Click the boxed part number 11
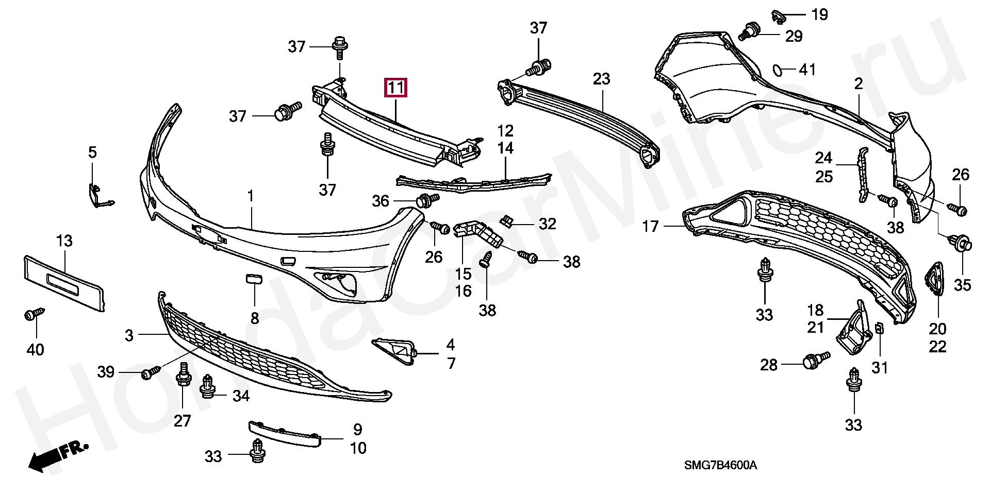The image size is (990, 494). (x=395, y=88)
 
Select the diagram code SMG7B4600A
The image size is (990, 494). (x=720, y=465)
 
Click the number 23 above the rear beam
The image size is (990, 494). (x=601, y=79)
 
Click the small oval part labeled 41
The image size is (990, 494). (x=778, y=70)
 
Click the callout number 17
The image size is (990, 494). (x=650, y=226)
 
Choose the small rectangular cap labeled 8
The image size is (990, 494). (x=254, y=279)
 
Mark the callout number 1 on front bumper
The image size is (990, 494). (x=251, y=196)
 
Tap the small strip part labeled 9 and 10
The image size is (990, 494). (x=285, y=434)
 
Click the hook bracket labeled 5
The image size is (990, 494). (x=100, y=196)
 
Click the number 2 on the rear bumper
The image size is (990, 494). (x=859, y=83)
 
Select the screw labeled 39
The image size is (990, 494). (x=151, y=372)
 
